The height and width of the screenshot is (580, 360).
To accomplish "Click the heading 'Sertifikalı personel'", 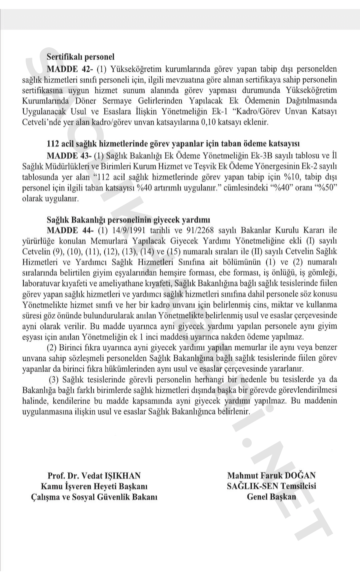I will click(x=80, y=57).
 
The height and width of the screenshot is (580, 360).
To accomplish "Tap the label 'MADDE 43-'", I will click(x=69, y=156).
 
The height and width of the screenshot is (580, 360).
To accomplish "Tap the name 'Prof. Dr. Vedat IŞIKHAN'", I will click(x=94, y=475).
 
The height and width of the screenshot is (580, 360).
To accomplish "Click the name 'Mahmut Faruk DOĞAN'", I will click(x=271, y=475).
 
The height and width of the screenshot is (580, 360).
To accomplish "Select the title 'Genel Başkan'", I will click(x=271, y=497).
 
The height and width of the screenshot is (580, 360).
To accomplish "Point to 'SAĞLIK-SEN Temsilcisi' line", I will click(x=271, y=486).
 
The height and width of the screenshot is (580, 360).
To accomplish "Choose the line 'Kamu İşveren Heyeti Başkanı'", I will click(x=94, y=486).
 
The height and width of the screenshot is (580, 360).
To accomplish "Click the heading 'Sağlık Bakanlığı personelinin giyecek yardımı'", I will click(x=128, y=220).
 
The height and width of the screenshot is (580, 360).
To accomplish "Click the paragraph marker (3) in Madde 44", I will click(x=54, y=379).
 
